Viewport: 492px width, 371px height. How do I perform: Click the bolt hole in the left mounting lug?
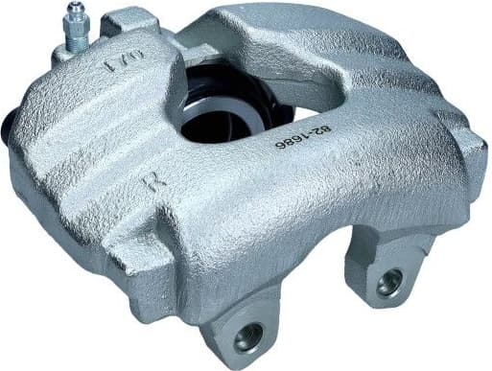[x=248, y=335]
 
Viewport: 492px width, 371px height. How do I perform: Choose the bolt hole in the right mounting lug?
[x=389, y=283]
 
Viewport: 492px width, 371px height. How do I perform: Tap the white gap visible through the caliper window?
[x=305, y=112]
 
